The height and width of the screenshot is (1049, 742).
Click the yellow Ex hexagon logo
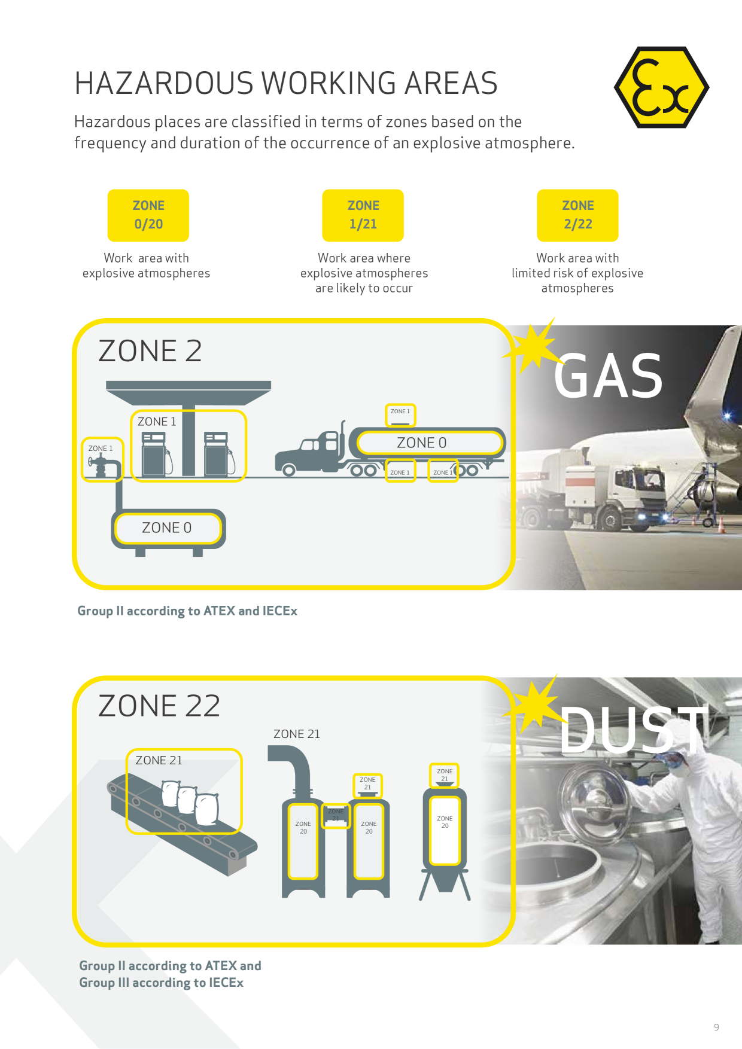pos(661,87)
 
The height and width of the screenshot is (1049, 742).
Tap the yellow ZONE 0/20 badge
pos(148,215)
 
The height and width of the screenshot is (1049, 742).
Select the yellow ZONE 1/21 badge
pos(363,215)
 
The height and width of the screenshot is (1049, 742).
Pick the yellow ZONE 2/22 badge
pos(577,215)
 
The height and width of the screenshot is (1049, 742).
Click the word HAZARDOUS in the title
pos(165,83)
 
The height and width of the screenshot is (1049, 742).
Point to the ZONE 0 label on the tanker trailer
pos(422,443)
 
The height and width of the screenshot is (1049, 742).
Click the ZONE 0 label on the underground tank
pos(166,527)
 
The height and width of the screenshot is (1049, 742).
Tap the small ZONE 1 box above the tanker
pos(400,414)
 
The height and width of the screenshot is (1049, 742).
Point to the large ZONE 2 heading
pos(150,350)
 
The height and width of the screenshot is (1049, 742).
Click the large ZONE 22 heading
pos(159,706)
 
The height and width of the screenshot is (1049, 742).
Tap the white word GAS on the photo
pos(608,376)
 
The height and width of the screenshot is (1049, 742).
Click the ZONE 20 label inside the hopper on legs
pos(445,822)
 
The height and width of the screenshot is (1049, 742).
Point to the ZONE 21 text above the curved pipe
pos(297,734)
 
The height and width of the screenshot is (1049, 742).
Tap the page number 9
pos(716,1027)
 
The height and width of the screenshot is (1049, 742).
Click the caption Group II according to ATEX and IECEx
pos(187,611)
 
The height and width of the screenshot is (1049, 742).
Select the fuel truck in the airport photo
pos(592,487)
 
